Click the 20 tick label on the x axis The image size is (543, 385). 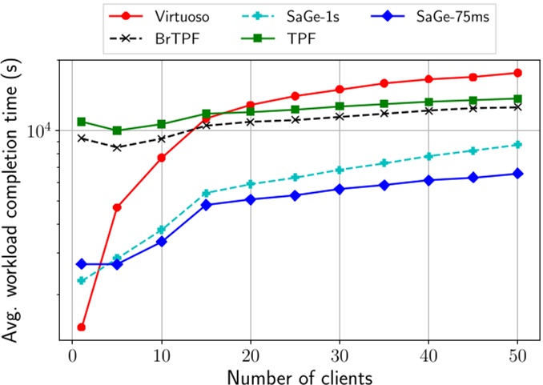pyautogui.click(x=251, y=353)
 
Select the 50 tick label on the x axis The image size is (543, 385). pyautogui.click(x=517, y=353)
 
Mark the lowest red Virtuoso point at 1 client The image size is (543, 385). pyautogui.click(x=82, y=327)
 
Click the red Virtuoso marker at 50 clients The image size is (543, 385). pyautogui.click(x=517, y=73)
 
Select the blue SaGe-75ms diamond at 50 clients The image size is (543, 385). pyautogui.click(x=517, y=174)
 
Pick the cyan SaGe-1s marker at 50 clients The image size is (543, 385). pyautogui.click(x=517, y=145)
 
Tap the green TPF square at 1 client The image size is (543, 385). pyautogui.click(x=82, y=122)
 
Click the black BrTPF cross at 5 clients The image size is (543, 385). pyautogui.click(x=117, y=148)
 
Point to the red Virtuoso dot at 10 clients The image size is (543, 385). pyautogui.click(x=162, y=158)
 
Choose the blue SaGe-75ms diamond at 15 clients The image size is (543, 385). pyautogui.click(x=207, y=205)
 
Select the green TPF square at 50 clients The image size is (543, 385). pyautogui.click(x=517, y=98)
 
